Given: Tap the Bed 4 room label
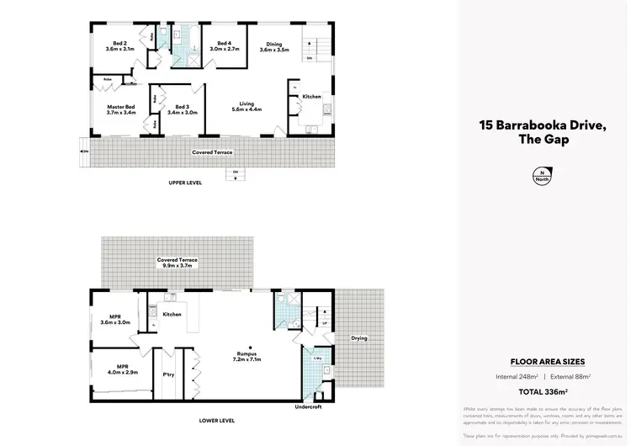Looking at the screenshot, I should (x=223, y=46).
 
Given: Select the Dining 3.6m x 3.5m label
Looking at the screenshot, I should (x=274, y=47).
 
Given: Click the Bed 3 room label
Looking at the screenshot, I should (x=182, y=109).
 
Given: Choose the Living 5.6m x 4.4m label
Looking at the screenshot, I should (x=247, y=107).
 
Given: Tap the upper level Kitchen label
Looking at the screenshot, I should (x=312, y=97).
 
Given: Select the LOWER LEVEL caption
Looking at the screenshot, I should (x=216, y=420).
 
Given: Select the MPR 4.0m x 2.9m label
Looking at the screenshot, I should (x=117, y=369).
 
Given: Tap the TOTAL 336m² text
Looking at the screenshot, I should (x=543, y=391).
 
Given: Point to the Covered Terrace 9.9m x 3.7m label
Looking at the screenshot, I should (x=178, y=263).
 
